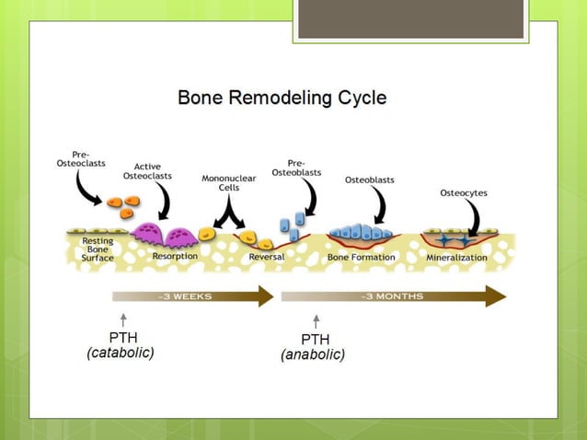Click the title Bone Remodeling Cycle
pos(282,98)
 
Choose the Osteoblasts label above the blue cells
pos(370,179)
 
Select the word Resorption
pos(174,257)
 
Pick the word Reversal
pos(267,257)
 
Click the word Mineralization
pos(456,258)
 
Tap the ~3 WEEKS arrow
pos(193,296)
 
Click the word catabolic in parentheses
pos(121,353)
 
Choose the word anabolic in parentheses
pos(313,355)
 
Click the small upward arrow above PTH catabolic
pos(123,319)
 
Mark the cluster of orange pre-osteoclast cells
pos(121,204)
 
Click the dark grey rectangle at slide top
pos(410,18)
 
